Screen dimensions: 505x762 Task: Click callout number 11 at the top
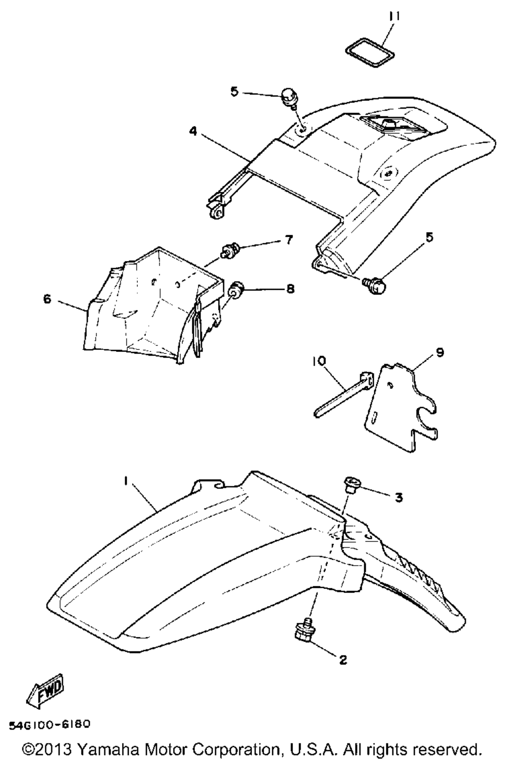coord(394,17)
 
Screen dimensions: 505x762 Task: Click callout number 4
coord(193,131)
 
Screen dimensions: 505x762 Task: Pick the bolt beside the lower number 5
coord(376,286)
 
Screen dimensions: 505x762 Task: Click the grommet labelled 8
coord(236,291)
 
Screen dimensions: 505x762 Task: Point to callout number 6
coord(47,299)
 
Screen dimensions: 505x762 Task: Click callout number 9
coord(440,352)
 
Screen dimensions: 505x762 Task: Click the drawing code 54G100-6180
coord(49,725)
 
